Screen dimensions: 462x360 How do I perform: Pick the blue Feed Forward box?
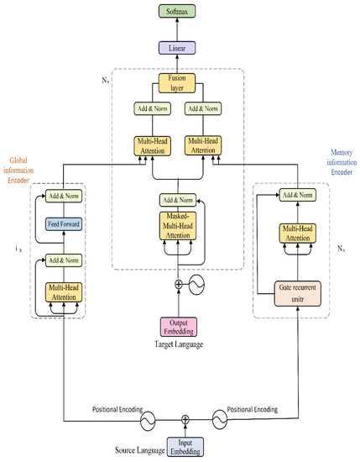click(x=62, y=225)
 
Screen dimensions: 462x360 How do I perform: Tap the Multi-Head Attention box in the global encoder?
click(x=62, y=291)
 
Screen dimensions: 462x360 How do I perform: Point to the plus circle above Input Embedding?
click(x=185, y=417)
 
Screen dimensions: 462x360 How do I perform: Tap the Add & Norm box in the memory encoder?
click(x=290, y=195)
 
